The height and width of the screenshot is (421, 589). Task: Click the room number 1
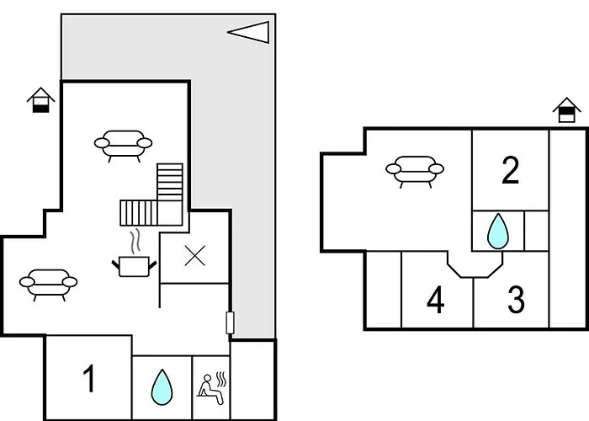click(89, 380)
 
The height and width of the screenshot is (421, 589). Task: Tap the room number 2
click(510, 171)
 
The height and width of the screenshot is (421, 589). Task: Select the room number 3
click(516, 300)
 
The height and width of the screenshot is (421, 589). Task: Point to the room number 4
click(435, 300)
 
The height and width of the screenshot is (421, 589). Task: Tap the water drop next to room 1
click(162, 387)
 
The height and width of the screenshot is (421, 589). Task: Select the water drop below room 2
click(498, 231)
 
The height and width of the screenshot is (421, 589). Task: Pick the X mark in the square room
click(194, 257)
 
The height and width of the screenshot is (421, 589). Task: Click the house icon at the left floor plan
click(40, 100)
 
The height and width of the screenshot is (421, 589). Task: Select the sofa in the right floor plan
click(414, 170)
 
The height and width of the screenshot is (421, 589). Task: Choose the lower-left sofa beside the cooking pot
click(48, 284)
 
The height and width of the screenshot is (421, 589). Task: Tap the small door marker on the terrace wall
click(229, 322)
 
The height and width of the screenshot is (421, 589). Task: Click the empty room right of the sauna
click(252, 379)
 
